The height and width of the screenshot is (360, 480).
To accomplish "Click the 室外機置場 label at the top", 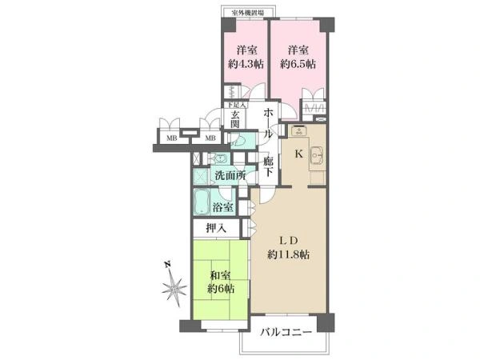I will tap(247, 13).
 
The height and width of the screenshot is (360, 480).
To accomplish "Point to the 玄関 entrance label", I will tap(236, 121).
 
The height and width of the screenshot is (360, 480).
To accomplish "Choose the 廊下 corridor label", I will tap(269, 166).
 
